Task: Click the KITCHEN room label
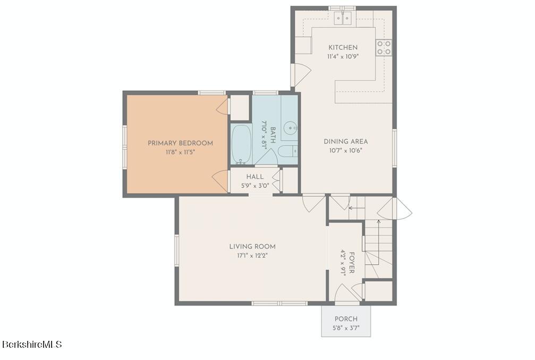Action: tap(343, 47)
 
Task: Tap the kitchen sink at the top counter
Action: tap(343, 19)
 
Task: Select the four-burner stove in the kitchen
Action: tap(384, 48)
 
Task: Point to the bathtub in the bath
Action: tap(241, 145)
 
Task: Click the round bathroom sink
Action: tap(290, 128)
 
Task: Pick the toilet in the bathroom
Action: tap(287, 152)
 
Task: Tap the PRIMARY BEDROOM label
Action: tap(180, 143)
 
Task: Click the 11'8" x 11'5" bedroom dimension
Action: tap(180, 152)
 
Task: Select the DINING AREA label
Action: tap(346, 141)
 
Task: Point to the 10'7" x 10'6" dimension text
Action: tap(346, 150)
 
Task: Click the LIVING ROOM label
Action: tap(252, 246)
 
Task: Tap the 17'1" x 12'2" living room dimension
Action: tap(252, 255)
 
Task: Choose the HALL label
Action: tap(254, 177)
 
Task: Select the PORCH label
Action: tap(346, 319)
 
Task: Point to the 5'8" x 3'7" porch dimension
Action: tap(346, 328)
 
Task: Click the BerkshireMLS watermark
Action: tap(32, 345)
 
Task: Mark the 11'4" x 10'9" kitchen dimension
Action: tap(343, 56)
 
